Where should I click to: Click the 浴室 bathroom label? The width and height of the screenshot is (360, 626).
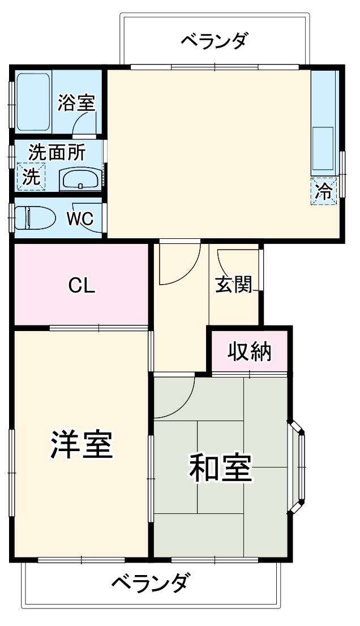click(76, 103)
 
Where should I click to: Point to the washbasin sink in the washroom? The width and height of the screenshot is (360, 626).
click(80, 180)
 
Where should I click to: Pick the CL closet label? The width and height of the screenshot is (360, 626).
click(82, 286)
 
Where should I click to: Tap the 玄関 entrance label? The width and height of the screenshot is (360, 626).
click(233, 285)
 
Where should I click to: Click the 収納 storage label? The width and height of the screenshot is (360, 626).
click(250, 352)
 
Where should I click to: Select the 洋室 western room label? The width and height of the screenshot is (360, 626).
click(82, 444)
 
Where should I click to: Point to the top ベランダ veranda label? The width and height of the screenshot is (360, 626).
click(215, 41)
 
